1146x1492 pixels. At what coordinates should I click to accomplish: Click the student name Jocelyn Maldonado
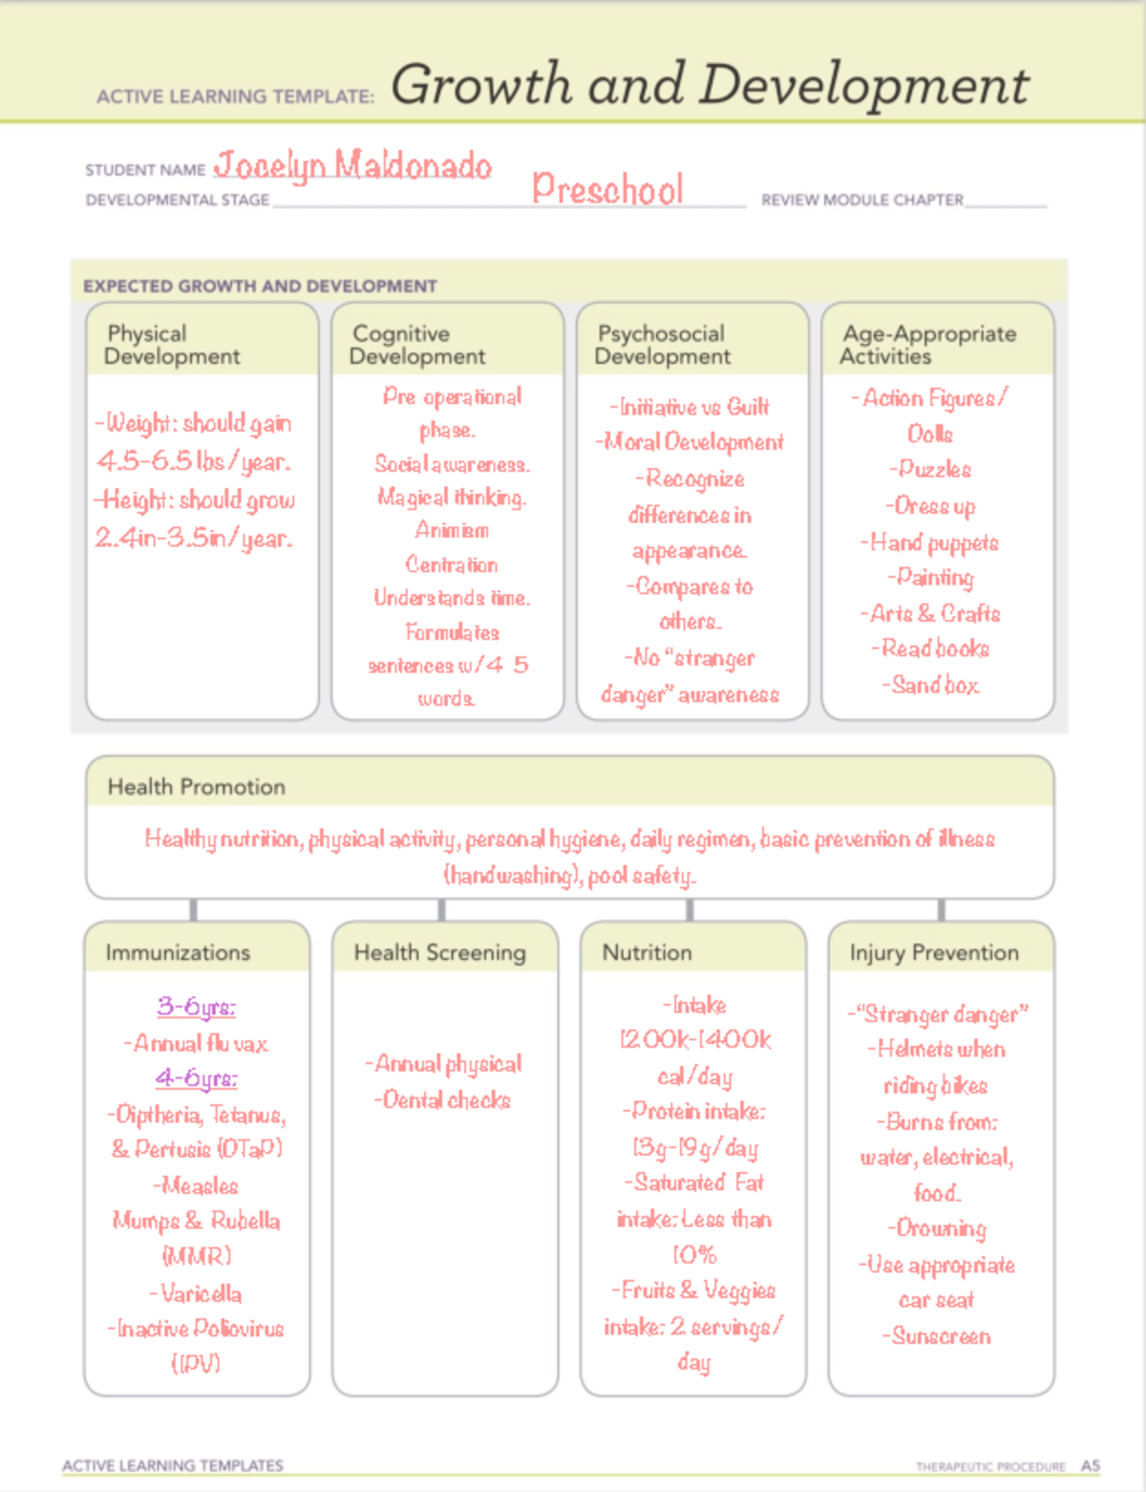pyautogui.click(x=352, y=166)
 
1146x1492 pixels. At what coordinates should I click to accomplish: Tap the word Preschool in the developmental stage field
pyautogui.click(x=607, y=189)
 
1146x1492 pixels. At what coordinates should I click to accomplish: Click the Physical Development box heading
pyautogui.click(x=172, y=345)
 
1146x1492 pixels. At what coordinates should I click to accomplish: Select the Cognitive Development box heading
pyautogui.click(x=417, y=345)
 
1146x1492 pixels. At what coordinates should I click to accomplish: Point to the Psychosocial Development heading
pyautogui.click(x=662, y=345)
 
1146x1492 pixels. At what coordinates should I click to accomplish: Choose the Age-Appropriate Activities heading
pyautogui.click(x=928, y=345)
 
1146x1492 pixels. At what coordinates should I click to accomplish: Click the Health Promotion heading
pyautogui.click(x=197, y=787)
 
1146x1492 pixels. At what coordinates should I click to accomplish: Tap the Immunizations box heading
pyautogui.click(x=178, y=952)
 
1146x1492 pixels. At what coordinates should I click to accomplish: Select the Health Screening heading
pyautogui.click(x=439, y=952)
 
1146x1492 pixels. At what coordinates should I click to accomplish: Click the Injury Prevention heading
pyautogui.click(x=934, y=952)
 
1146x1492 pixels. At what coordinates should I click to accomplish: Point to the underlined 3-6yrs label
pyautogui.click(x=197, y=1007)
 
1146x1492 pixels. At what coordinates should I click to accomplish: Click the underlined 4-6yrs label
pyautogui.click(x=197, y=1078)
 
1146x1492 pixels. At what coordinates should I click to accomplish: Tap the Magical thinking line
pyautogui.click(x=452, y=498)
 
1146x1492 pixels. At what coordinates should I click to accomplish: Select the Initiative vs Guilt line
pyautogui.click(x=690, y=407)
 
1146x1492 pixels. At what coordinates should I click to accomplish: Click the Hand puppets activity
pyautogui.click(x=930, y=543)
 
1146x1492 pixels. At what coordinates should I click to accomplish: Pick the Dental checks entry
pyautogui.click(x=443, y=1100)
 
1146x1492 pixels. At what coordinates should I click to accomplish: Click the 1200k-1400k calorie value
pyautogui.click(x=694, y=1040)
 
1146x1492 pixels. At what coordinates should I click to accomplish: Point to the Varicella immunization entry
pyautogui.click(x=197, y=1294)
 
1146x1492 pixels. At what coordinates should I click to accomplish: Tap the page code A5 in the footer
pyautogui.click(x=1091, y=1465)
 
